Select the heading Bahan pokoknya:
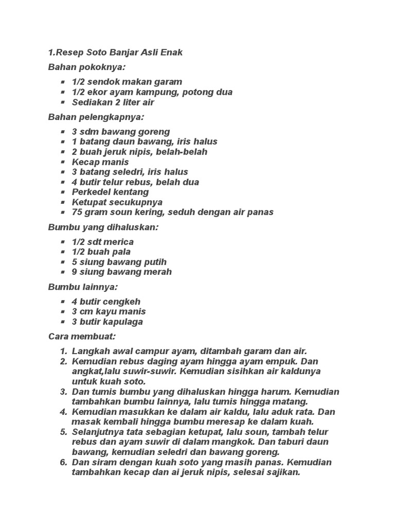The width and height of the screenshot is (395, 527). pyautogui.click(x=87, y=67)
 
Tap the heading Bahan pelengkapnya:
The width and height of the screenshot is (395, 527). pyautogui.click(x=96, y=117)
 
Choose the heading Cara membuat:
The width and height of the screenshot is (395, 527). pyautogui.click(x=82, y=337)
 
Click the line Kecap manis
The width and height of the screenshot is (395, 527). pyautogui.click(x=100, y=162)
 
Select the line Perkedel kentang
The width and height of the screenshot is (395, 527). pyautogui.click(x=110, y=192)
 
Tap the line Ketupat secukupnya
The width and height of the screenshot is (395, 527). pyautogui.click(x=110, y=202)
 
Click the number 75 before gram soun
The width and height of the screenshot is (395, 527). pyautogui.click(x=77, y=212)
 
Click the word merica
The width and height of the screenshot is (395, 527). pyautogui.click(x=117, y=242)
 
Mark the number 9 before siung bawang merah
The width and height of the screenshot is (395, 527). pyautogui.click(x=75, y=272)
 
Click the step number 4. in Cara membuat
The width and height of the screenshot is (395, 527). pyautogui.click(x=63, y=412)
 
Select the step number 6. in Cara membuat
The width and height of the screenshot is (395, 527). pyautogui.click(x=63, y=462)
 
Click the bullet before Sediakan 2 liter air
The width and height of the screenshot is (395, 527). pyautogui.click(x=63, y=102)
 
